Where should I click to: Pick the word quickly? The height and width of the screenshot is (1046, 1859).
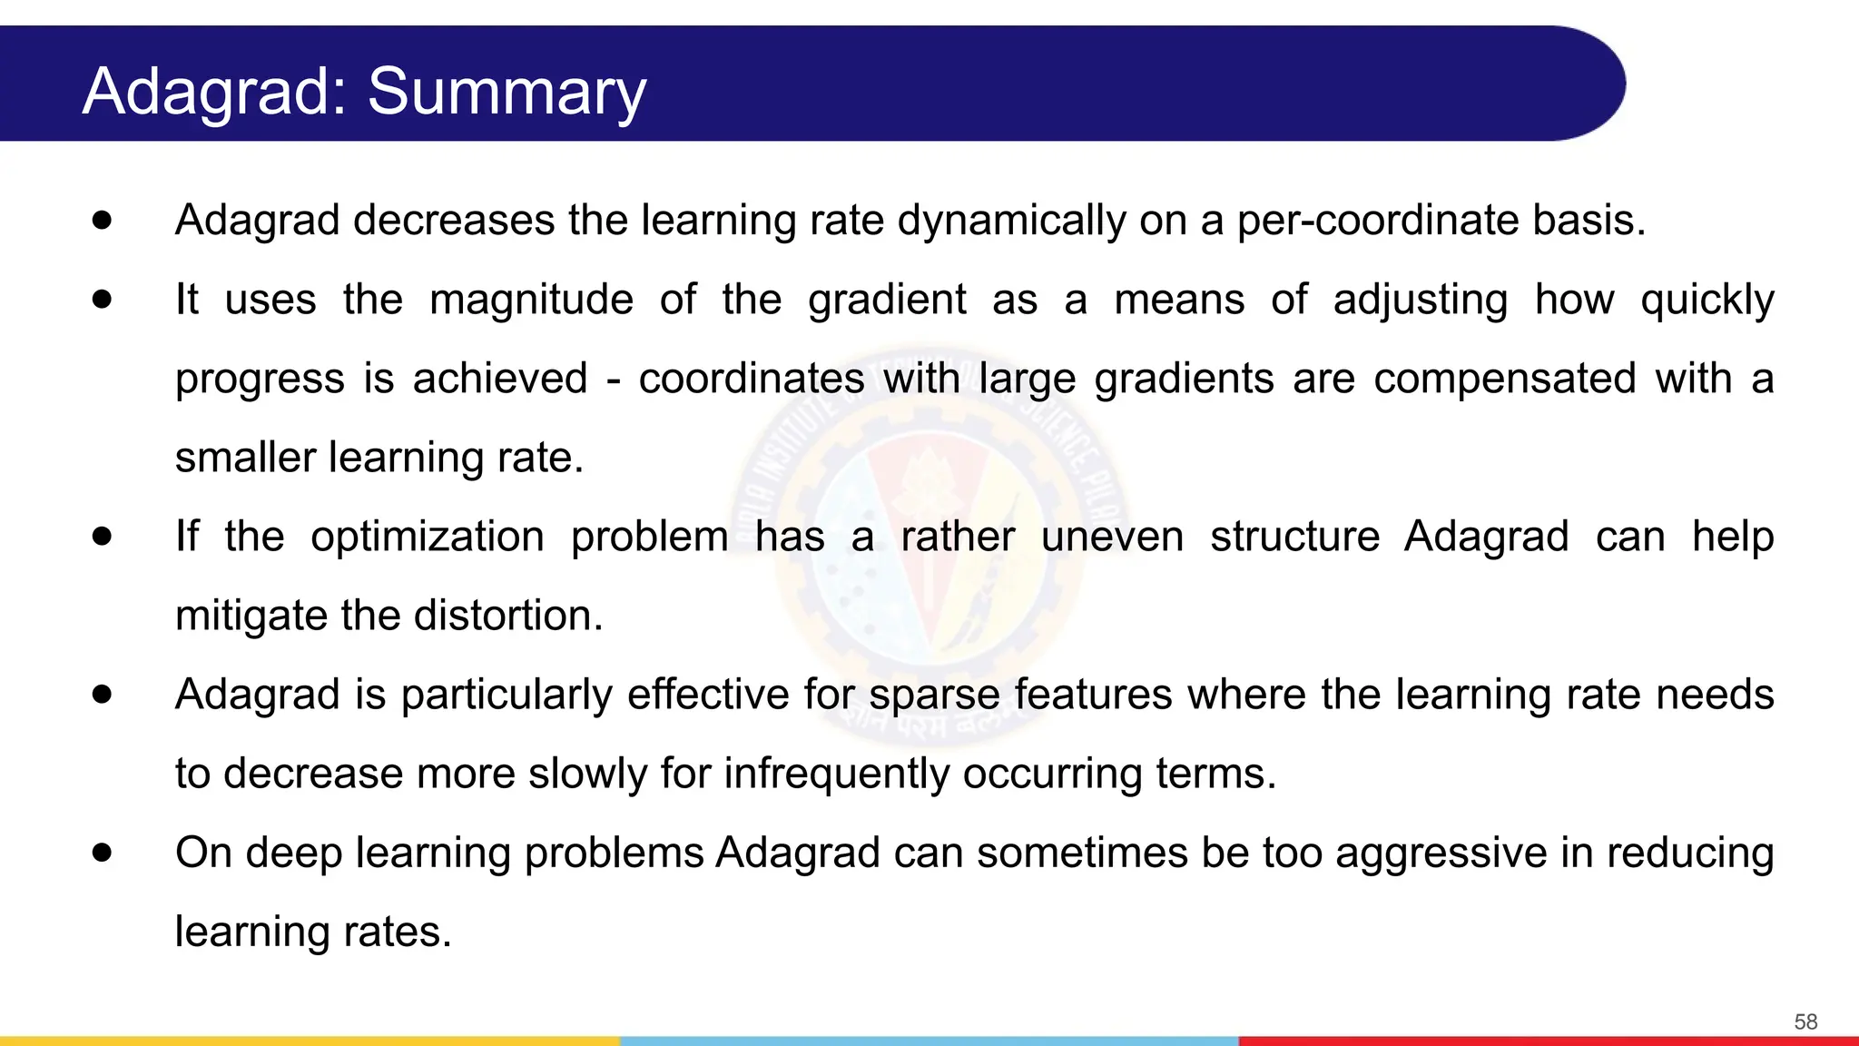click(x=1707, y=300)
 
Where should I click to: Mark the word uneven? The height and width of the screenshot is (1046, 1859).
click(x=1112, y=537)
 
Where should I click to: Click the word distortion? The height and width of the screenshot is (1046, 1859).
click(x=508, y=616)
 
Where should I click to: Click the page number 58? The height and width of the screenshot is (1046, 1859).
click(x=1805, y=1021)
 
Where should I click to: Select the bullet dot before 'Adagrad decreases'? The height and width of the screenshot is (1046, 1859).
click(x=102, y=220)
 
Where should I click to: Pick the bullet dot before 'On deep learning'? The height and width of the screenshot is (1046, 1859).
click(x=102, y=853)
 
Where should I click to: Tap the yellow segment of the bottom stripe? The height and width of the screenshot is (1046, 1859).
click(x=309, y=1041)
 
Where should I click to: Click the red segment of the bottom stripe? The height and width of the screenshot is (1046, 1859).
click(x=1549, y=1041)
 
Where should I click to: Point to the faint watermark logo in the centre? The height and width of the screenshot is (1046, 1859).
click(x=929, y=545)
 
